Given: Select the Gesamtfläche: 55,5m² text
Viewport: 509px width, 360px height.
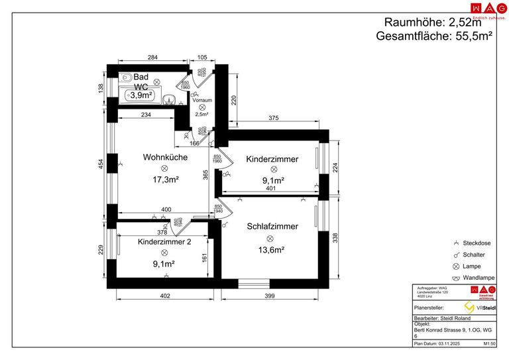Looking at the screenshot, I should (x=433, y=36).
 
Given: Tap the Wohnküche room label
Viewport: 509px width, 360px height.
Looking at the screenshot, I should (x=165, y=158).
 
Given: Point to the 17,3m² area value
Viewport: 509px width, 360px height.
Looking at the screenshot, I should (x=165, y=180).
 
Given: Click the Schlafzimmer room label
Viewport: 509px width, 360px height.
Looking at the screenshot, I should (x=272, y=226).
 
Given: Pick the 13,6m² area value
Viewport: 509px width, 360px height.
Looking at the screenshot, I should (x=270, y=250).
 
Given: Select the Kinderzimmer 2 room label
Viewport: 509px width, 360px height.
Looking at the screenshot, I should (x=164, y=242).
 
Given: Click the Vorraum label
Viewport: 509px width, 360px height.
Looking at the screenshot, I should (x=201, y=100).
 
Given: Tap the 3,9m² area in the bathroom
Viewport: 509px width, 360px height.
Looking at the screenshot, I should (x=141, y=95).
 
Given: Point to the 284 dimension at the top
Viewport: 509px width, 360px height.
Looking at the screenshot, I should (x=152, y=57).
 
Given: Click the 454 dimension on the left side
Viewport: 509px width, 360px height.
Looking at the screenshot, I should (x=101, y=164).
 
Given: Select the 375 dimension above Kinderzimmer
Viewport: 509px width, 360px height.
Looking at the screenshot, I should (x=272, y=119).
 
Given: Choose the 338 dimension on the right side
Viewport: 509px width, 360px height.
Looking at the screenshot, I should (x=335, y=239).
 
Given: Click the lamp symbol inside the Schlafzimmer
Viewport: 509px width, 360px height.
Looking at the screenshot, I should (x=270, y=239).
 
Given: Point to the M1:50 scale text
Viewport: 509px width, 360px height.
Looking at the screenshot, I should (x=490, y=344).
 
